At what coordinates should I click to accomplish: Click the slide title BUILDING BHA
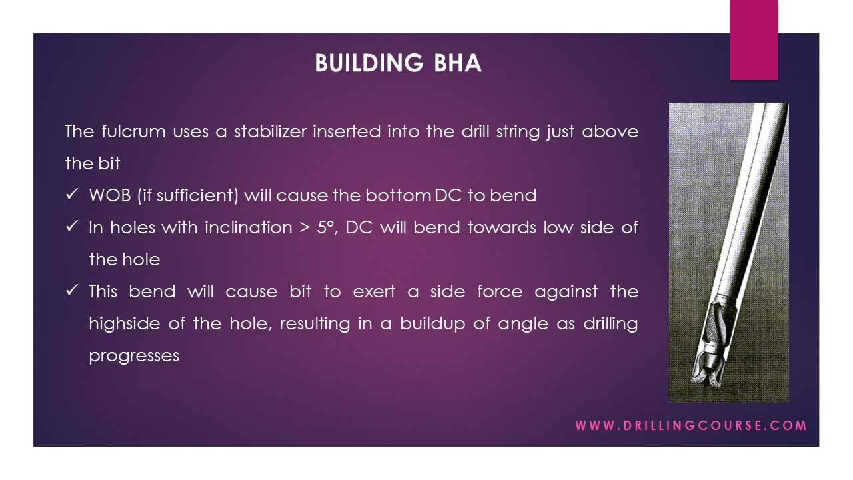coord(398,63)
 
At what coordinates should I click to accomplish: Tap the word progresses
coord(134,356)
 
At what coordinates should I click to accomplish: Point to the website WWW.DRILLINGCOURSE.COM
coord(691,425)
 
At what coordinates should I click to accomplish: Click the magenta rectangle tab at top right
coord(754,40)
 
